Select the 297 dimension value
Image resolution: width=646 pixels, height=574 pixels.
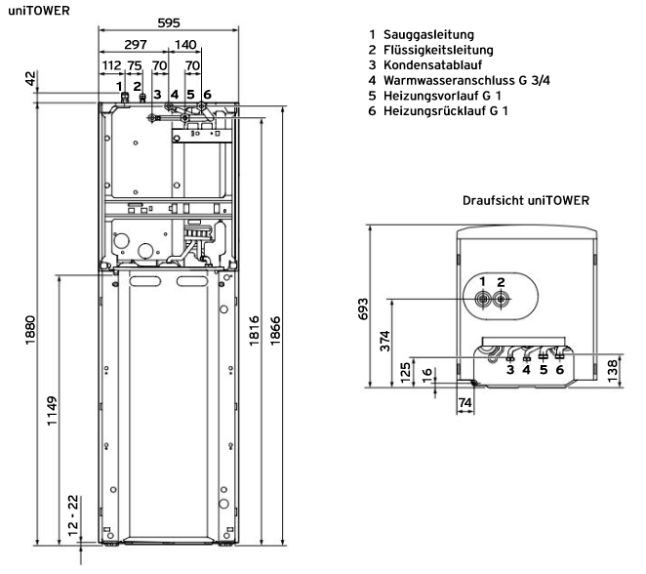pyautogui.click(x=136, y=45)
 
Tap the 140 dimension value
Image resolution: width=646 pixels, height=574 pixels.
pyautogui.click(x=185, y=45)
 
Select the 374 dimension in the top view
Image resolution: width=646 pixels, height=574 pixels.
pyautogui.click(x=386, y=341)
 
